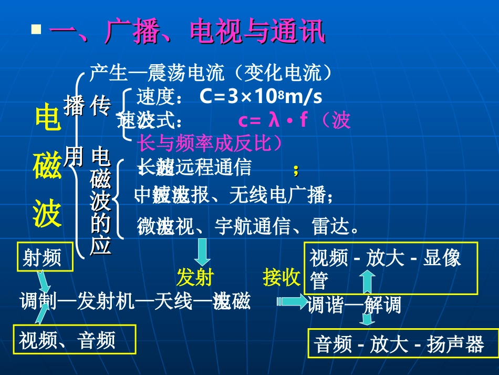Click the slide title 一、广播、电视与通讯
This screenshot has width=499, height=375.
187,33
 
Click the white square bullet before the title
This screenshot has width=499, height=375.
36,29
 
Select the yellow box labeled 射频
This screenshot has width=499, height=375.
42,258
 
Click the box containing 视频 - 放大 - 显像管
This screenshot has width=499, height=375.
391,268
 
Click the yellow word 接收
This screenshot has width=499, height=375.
282,277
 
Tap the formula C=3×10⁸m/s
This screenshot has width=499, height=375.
261,97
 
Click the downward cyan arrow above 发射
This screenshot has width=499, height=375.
203,251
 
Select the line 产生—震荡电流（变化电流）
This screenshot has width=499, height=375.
211,73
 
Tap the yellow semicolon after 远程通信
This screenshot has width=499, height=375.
296,169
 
